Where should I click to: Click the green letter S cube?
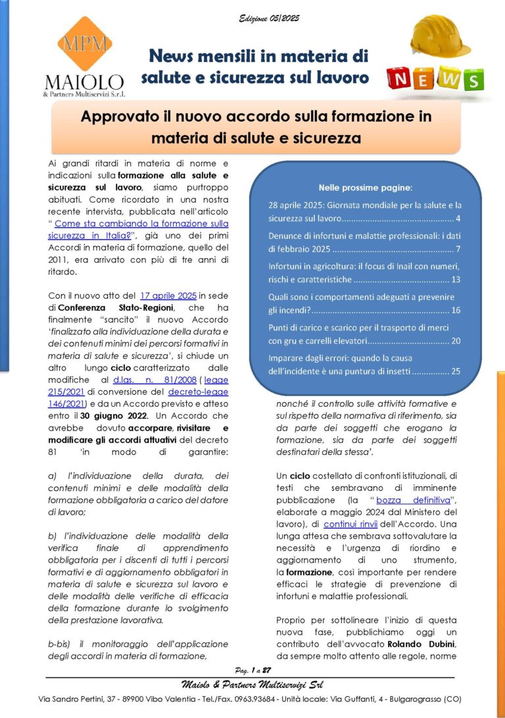pos(472,80)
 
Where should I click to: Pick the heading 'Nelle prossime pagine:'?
pos(365,187)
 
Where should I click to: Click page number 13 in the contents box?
pos(455,280)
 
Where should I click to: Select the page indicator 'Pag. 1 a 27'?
pos(248,671)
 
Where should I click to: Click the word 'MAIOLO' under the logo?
pos(84,82)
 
